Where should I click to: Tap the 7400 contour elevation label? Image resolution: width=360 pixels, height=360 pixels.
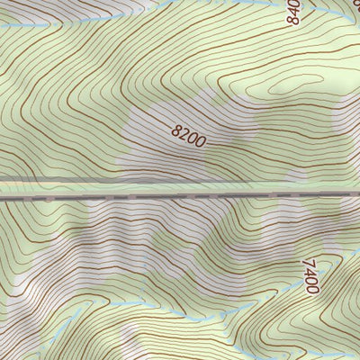310,276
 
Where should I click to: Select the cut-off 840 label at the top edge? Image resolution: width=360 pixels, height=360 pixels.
292,11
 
